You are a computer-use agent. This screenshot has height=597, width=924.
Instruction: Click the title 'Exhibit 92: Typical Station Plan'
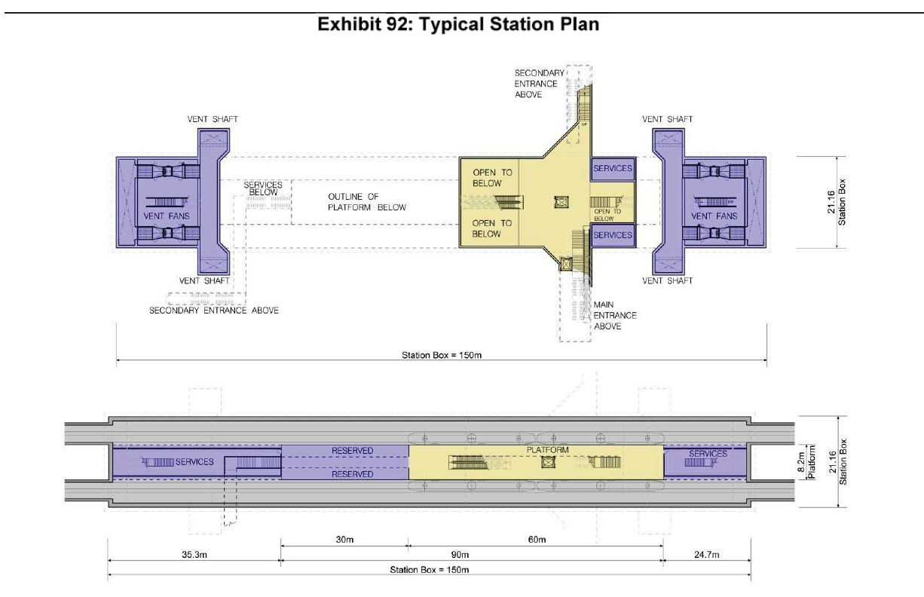click(458, 24)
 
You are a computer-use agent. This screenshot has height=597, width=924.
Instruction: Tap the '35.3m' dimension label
click(194, 555)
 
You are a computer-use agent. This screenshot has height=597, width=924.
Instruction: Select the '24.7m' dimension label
click(707, 555)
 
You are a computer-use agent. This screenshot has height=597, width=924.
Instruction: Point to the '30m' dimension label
click(344, 539)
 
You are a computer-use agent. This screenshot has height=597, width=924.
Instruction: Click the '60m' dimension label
click(537, 539)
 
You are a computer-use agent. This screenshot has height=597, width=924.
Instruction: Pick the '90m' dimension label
click(460, 555)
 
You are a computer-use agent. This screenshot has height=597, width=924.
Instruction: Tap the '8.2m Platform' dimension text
click(806, 462)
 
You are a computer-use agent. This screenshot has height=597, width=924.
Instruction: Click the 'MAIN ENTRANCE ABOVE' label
click(615, 315)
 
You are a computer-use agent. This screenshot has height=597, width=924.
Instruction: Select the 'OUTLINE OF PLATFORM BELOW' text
click(367, 202)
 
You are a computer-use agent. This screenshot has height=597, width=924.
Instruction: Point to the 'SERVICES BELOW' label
click(263, 188)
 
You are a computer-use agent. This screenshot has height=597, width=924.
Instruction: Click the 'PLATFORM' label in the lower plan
click(547, 450)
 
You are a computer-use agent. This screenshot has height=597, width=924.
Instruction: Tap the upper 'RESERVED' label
click(352, 451)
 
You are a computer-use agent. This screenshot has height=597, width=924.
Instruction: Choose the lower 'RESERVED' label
click(352, 474)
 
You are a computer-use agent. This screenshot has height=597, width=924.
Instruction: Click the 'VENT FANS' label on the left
click(167, 216)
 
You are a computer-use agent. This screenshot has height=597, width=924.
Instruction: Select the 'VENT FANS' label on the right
click(714, 216)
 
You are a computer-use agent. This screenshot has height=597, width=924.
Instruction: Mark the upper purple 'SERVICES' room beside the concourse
click(613, 169)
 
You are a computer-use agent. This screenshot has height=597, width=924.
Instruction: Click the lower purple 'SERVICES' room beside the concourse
click(613, 235)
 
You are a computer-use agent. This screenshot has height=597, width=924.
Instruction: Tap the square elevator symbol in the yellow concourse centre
click(561, 202)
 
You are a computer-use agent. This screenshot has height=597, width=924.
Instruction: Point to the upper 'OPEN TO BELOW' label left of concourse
click(492, 178)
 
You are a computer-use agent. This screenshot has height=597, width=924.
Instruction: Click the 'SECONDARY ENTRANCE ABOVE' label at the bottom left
click(214, 311)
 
